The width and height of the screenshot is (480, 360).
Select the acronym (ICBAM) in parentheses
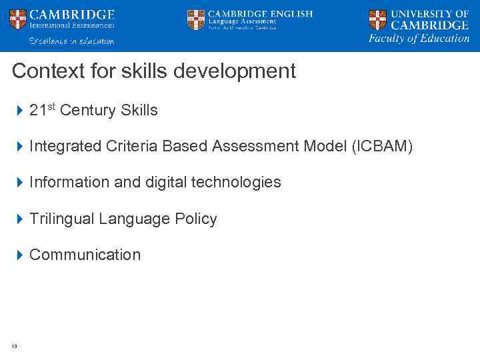click(x=382, y=147)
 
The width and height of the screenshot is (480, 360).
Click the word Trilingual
click(x=62, y=219)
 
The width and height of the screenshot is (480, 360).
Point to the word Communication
click(x=85, y=255)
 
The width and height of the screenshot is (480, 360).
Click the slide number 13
click(x=14, y=345)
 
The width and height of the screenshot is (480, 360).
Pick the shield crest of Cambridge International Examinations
click(x=18, y=19)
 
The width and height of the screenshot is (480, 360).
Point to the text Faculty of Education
click(x=419, y=39)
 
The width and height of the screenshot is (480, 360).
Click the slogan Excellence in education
click(x=71, y=41)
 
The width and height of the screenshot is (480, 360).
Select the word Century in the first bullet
click(x=88, y=111)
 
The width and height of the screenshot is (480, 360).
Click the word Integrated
click(x=65, y=147)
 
